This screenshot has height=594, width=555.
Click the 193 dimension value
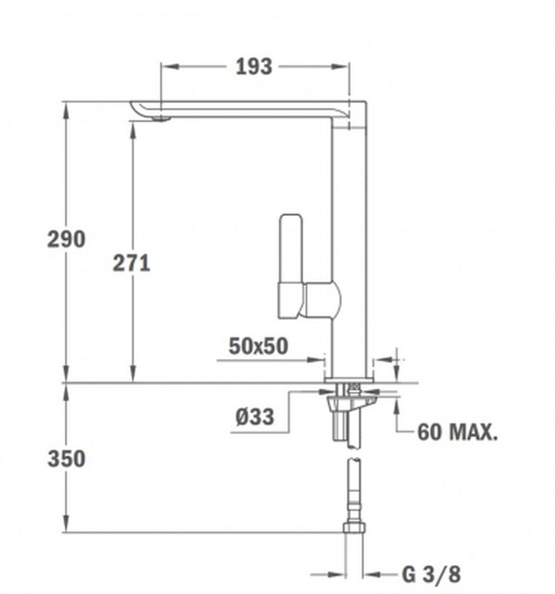pos(254,67)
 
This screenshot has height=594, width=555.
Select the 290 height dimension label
pos(66,239)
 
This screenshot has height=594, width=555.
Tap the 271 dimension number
pos(131,264)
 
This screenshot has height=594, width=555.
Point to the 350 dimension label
pos(66,459)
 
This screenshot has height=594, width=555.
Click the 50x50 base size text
pos(258,346)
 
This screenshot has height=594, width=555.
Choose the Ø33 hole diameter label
pos(254,417)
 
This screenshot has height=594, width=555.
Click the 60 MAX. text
pos(457,431)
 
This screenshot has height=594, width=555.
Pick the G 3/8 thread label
pos(432,574)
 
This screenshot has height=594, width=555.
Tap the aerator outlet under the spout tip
pos(161,119)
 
